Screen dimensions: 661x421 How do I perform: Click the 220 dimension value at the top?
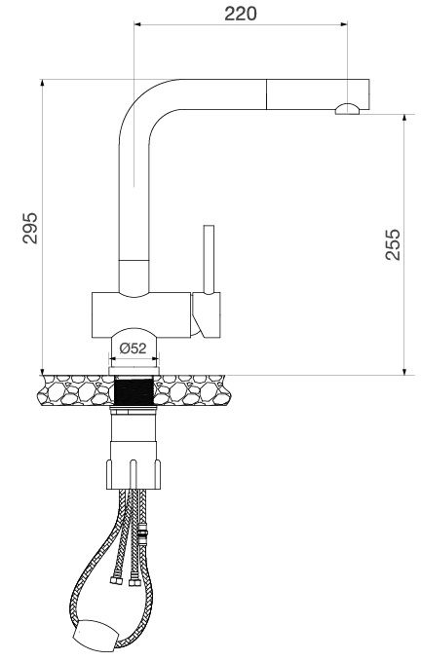240,13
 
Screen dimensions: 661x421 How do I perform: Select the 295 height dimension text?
30,227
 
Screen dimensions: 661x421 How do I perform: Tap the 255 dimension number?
392,244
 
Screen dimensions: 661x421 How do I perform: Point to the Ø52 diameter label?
133,348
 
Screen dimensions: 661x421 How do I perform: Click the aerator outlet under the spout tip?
347,110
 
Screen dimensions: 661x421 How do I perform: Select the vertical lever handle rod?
208,258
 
